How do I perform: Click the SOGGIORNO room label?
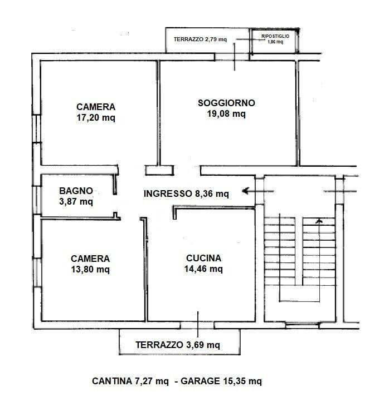point(226,103)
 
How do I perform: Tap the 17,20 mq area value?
point(96,118)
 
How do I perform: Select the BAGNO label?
point(76,191)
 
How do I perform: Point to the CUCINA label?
point(204,258)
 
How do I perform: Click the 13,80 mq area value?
point(90,270)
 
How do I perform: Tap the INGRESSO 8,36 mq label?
point(186,193)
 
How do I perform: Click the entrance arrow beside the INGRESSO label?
point(258,191)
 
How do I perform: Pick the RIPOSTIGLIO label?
point(275,36)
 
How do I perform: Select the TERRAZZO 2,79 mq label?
point(200,39)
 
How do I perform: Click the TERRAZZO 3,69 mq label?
point(178,345)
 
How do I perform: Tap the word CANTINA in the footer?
point(112,381)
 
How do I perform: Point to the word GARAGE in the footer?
point(201,381)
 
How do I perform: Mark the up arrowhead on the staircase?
point(319,221)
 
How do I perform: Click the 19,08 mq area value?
point(226,113)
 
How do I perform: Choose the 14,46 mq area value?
point(203,269)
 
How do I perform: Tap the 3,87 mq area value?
point(76,201)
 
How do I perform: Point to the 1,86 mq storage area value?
point(275,42)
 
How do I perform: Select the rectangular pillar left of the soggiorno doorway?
point(159,170)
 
